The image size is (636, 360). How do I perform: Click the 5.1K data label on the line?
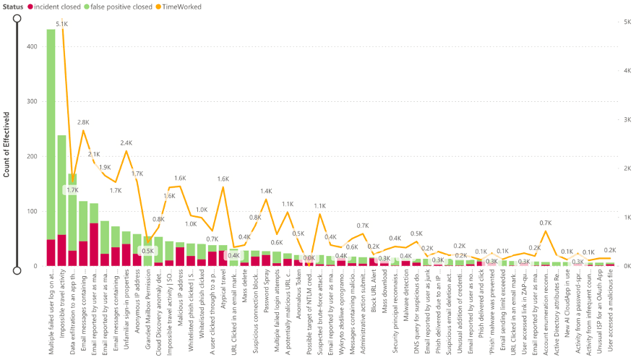tap(62, 24)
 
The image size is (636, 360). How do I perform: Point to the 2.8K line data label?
tap(83, 122)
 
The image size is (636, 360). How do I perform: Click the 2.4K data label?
tap(126, 142)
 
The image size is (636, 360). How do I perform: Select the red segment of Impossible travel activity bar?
tap(61, 250)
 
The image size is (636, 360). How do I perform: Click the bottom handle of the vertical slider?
tap(17, 270)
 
